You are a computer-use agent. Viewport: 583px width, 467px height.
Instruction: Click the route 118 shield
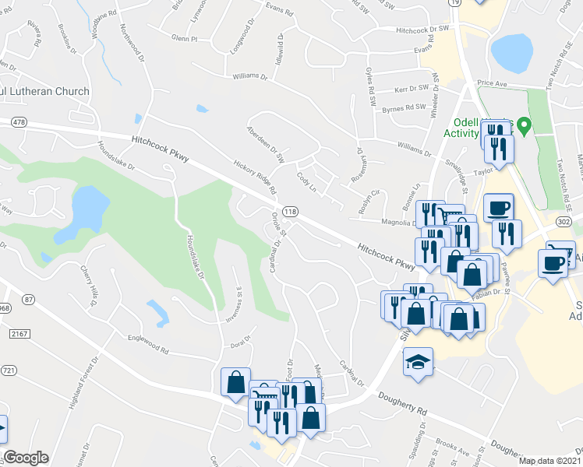[291, 212]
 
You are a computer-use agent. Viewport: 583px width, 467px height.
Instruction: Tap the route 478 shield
[19, 121]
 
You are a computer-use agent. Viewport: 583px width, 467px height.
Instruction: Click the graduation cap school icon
[418, 363]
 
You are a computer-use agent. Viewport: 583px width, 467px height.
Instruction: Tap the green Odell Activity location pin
[525, 125]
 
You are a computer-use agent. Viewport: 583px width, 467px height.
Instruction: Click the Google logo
[26, 458]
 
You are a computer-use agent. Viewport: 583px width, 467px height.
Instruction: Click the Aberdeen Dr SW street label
[267, 143]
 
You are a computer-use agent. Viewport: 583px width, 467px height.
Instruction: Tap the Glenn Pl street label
[184, 37]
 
